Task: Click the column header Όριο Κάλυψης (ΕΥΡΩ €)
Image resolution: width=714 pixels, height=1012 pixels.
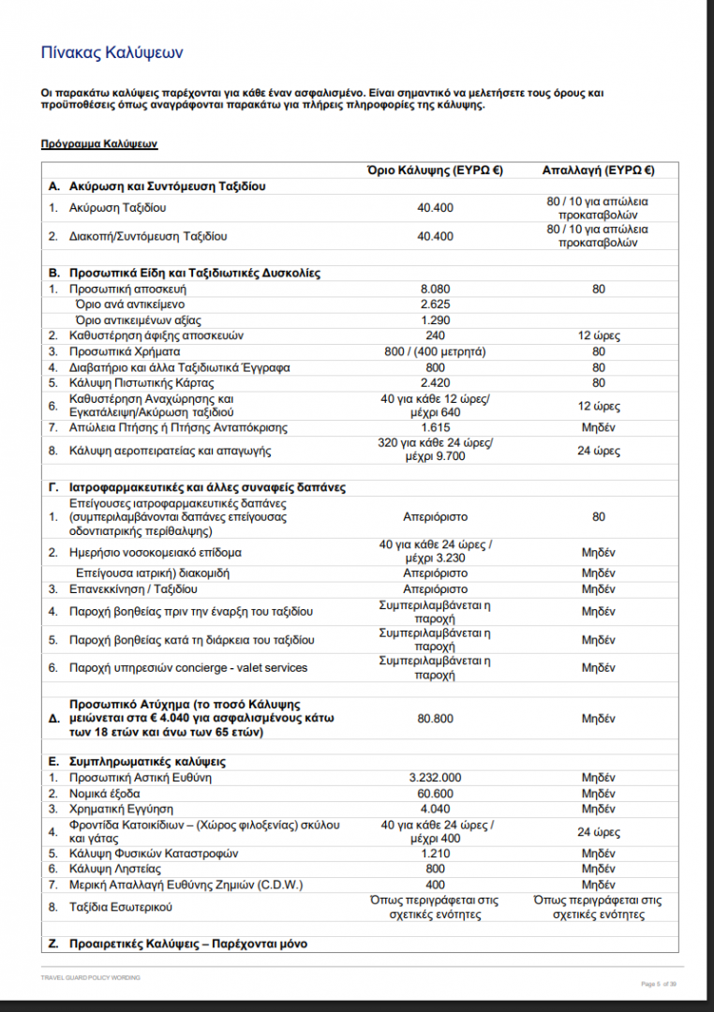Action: pos(435,171)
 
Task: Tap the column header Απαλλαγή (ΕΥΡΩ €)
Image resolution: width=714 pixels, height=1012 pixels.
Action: pos(598,171)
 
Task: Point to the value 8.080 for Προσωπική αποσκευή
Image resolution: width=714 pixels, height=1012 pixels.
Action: pos(435,290)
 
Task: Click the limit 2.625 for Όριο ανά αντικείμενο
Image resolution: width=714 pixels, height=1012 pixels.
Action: pos(435,305)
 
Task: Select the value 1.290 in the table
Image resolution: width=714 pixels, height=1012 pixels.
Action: pos(435,320)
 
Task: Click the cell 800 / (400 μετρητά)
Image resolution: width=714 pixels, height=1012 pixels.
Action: pos(435,351)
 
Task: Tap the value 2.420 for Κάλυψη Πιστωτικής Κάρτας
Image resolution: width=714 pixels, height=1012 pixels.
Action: pos(435,383)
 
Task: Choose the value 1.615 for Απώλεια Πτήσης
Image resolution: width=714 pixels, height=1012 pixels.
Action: pos(435,427)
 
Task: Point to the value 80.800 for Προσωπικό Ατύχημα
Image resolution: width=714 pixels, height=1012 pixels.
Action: pos(435,719)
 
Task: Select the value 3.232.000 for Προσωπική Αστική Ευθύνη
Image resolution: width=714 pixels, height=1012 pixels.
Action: pos(435,777)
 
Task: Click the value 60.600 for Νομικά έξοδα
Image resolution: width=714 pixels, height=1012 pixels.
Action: pos(435,793)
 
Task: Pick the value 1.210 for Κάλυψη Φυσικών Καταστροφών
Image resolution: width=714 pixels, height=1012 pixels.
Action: pos(435,854)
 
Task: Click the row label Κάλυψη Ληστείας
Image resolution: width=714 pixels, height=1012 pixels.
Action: pos(108,869)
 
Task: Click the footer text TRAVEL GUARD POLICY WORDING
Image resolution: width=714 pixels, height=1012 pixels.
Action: pos(90,977)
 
